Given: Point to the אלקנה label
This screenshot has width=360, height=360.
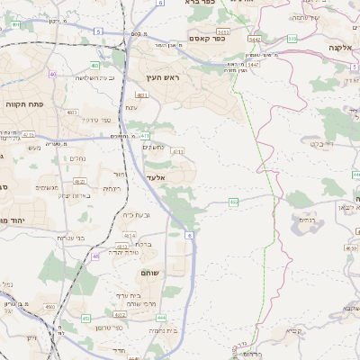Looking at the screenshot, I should pos(340,47).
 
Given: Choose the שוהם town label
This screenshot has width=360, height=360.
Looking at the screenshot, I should pos(150,272).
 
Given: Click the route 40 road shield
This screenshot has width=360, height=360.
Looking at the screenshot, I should pos(54,74).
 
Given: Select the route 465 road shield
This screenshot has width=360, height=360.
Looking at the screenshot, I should pos(233,202).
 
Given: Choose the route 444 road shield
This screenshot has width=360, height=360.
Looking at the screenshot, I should pos(161,318).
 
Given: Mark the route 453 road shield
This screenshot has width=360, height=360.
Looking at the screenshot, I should pos(86,319).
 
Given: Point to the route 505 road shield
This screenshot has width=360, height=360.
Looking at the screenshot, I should pos(292,39).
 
